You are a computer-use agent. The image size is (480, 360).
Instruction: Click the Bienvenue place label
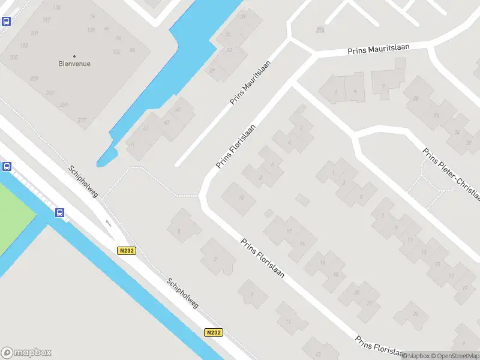74,64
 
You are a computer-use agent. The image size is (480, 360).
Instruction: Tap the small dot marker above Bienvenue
74,56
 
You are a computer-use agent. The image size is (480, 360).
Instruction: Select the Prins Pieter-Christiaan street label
451,175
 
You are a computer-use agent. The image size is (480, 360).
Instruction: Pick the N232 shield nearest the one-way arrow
125,251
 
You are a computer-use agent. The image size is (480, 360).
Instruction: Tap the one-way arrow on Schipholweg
109,223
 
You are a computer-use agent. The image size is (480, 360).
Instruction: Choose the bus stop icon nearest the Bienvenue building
6,22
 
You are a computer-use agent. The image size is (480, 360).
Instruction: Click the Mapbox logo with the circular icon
26,353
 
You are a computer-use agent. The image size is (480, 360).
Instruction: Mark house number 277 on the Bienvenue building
82,121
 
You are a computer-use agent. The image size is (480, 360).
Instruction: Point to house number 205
14,58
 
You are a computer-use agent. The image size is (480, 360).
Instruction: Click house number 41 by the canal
131,144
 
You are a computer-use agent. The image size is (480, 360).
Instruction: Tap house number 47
178,110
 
